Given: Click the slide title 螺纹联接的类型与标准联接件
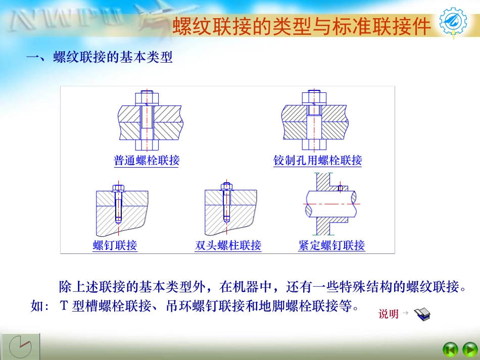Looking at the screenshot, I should [302, 26].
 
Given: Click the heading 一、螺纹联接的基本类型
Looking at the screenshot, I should [100, 58].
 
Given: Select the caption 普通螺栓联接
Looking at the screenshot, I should [147, 161].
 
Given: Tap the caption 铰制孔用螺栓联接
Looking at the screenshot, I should [318, 161].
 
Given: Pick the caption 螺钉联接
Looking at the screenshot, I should [115, 246].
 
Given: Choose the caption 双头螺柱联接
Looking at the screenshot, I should [228, 246].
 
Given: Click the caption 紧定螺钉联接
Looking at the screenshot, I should [331, 246].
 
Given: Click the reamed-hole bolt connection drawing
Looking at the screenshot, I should [314, 120].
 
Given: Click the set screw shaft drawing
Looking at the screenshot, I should [330, 204].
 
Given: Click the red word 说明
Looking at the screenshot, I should [389, 314].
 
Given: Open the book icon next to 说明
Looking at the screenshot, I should [422, 315].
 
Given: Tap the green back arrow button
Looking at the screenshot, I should [450, 349].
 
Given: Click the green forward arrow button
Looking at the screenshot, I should [469, 349].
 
